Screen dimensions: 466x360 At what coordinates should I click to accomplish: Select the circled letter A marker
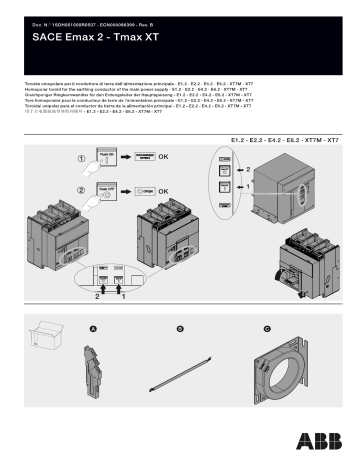click(94, 329)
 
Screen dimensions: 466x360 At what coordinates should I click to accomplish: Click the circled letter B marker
click(181, 329)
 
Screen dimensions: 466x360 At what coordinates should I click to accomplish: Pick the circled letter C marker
click(267, 329)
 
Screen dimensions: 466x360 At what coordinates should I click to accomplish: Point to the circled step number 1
click(81, 157)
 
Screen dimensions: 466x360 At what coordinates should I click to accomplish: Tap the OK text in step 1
click(164, 157)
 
